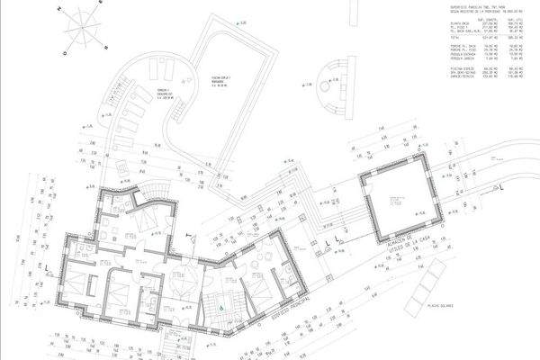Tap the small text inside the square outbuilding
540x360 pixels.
click(396, 203)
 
